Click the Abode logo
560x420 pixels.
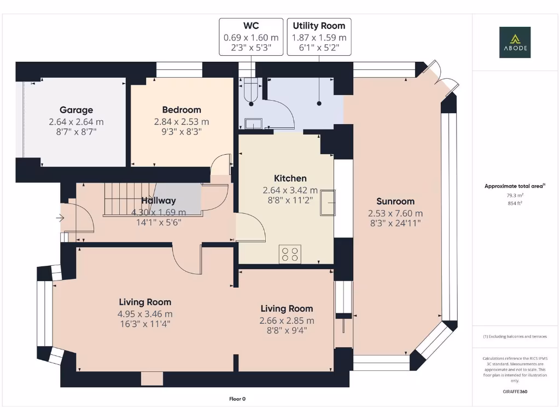tap(514, 43)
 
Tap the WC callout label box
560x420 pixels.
tap(251, 37)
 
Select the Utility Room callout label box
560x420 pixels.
tap(319, 37)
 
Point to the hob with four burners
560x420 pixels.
tap(290, 254)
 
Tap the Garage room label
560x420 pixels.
tap(76, 110)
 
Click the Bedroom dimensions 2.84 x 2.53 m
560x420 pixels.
tap(181, 121)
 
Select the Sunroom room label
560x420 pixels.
tap(395, 201)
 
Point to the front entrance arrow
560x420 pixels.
tap(60, 219)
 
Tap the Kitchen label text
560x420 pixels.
tap(290, 178)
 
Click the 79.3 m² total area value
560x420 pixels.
tap(514, 195)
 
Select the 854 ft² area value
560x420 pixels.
tap(514, 203)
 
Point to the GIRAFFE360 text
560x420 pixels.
tap(514, 392)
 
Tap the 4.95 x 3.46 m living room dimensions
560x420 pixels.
tap(145, 314)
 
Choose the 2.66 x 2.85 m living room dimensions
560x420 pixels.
tap(287, 320)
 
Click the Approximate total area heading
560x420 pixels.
tap(514, 186)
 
